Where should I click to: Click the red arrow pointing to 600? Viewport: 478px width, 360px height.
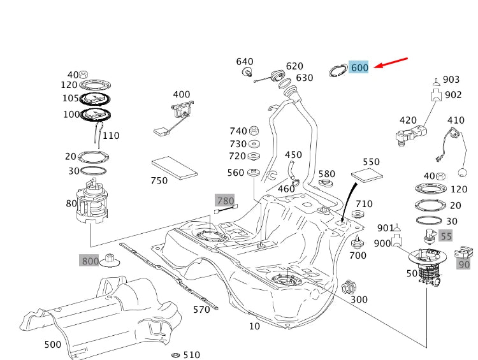click(390, 62)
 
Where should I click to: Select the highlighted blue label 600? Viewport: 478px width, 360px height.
click(359, 68)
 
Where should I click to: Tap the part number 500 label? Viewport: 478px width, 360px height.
click(52, 345)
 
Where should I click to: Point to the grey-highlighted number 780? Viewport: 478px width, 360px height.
click(226, 201)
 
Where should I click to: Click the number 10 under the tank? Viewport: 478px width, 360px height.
click(254, 326)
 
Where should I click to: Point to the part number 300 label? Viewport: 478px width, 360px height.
click(359, 299)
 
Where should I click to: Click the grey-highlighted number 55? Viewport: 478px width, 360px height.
click(446, 236)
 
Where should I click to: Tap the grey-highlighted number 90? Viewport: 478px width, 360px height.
click(464, 264)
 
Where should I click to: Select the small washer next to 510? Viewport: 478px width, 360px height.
click(175, 354)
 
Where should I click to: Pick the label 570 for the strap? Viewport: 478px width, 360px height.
click(201, 310)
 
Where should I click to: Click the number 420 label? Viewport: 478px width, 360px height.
click(408, 120)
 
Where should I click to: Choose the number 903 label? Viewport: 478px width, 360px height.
click(451, 79)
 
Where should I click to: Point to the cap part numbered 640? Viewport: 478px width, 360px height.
click(245, 71)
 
